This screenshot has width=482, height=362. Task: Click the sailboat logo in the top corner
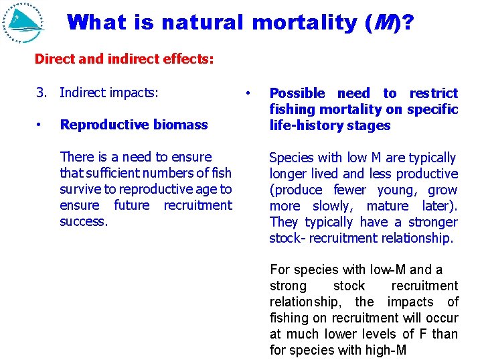(24, 23)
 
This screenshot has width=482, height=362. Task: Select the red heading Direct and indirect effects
(124, 59)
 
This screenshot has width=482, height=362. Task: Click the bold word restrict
(433, 93)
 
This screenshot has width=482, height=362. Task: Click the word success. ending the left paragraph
(83, 221)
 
